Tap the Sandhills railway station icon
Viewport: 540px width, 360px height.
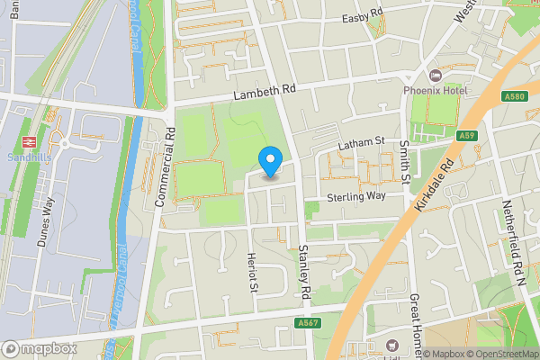pos(27,141)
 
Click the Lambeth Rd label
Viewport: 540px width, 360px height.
pos(263,93)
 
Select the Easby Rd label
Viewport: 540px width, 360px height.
pos(363,19)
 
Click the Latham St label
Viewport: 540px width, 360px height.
pos(360,143)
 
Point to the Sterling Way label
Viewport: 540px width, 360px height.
pos(355,195)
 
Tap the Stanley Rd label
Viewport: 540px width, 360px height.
pos(303,272)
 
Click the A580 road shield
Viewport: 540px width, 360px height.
pos(515,96)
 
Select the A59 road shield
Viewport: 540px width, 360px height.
pos(465,135)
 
